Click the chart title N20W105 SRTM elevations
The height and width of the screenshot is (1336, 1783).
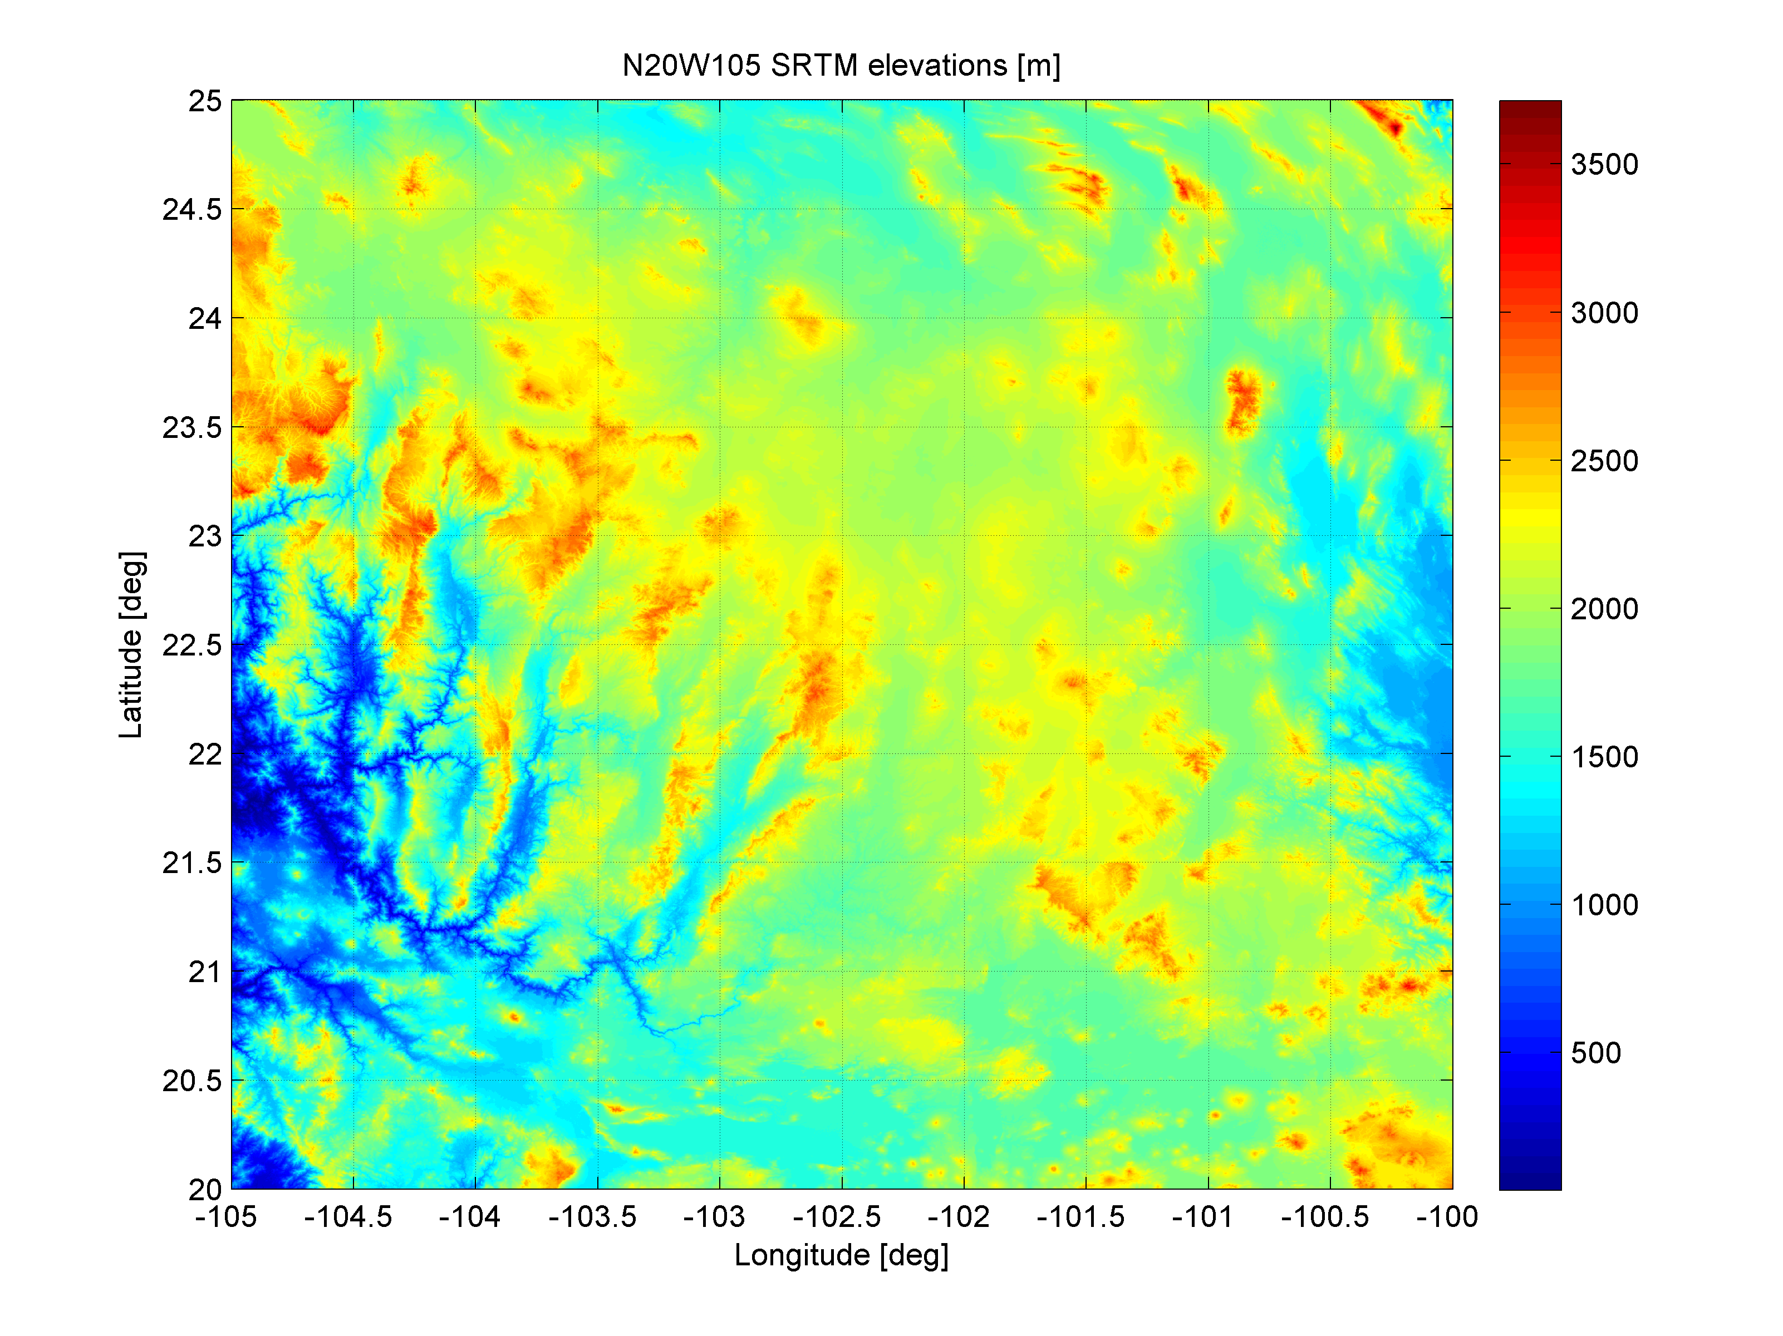coord(841,65)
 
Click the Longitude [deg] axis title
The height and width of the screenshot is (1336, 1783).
coord(841,1255)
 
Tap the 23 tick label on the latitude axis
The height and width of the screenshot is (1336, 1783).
coord(205,536)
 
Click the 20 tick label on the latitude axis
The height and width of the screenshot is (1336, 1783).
coord(205,1189)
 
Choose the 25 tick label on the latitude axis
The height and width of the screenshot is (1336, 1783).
coord(205,101)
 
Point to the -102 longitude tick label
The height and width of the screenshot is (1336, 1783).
coord(959,1217)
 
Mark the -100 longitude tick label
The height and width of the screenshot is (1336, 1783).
coord(1447,1217)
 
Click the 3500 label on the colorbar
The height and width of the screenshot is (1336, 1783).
coord(1604,164)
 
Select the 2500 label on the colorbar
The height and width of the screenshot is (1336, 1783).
coord(1604,461)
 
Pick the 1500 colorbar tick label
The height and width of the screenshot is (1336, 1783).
coord(1604,757)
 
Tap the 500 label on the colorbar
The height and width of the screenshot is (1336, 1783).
coord(1596,1052)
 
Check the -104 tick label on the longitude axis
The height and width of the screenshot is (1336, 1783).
coord(470,1217)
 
